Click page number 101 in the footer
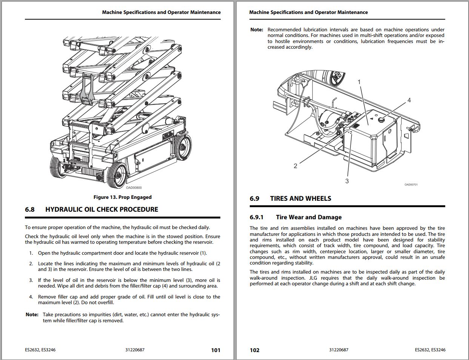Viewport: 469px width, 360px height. [x=215, y=350]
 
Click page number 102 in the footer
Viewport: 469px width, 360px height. [x=255, y=350]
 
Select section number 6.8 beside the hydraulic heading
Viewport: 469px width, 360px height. [x=30, y=210]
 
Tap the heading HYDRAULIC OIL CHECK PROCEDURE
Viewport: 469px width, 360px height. [x=101, y=210]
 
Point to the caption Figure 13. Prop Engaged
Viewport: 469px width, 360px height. [x=122, y=197]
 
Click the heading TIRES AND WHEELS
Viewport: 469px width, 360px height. [x=300, y=198]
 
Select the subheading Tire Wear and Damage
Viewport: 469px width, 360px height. [x=309, y=217]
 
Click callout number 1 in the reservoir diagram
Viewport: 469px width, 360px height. [x=359, y=82]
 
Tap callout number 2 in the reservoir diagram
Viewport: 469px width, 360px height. [x=295, y=166]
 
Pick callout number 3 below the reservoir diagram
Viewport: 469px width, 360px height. [x=347, y=181]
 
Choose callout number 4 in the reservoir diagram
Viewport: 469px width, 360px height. [x=409, y=100]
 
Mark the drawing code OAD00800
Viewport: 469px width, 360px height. [x=134, y=188]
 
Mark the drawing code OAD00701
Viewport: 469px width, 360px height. [x=411, y=185]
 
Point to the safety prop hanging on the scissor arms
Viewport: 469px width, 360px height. [x=87, y=89]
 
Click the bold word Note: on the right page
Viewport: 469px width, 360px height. [x=257, y=30]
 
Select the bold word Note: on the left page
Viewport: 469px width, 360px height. [x=32, y=315]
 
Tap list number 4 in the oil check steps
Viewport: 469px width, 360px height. [x=31, y=297]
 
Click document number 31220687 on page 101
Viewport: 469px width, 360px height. [x=135, y=350]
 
